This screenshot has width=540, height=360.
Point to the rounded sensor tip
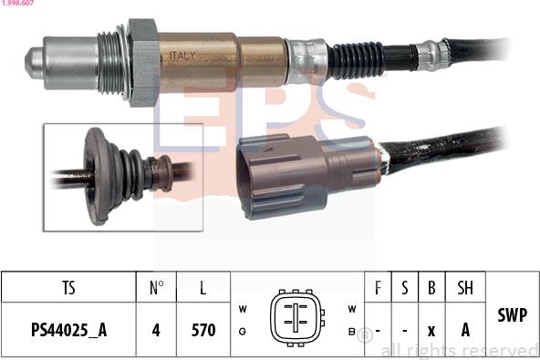click(x=36, y=61)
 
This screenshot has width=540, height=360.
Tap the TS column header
click(x=68, y=288)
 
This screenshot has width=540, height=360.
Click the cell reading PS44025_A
click(x=68, y=330)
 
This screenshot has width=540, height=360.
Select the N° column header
click(x=156, y=288)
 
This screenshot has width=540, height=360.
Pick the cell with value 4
click(x=156, y=330)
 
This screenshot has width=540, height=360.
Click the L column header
click(x=202, y=288)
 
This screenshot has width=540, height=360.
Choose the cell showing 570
click(x=202, y=330)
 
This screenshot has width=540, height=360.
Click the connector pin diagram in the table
click(x=297, y=319)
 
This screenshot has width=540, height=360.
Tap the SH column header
click(x=465, y=288)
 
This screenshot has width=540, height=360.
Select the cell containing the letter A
click(x=465, y=330)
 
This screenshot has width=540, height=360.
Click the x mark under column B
click(x=431, y=330)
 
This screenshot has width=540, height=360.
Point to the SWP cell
click(x=513, y=314)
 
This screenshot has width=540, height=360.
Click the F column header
click(x=378, y=288)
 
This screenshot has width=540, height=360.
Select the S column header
click(x=404, y=288)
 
